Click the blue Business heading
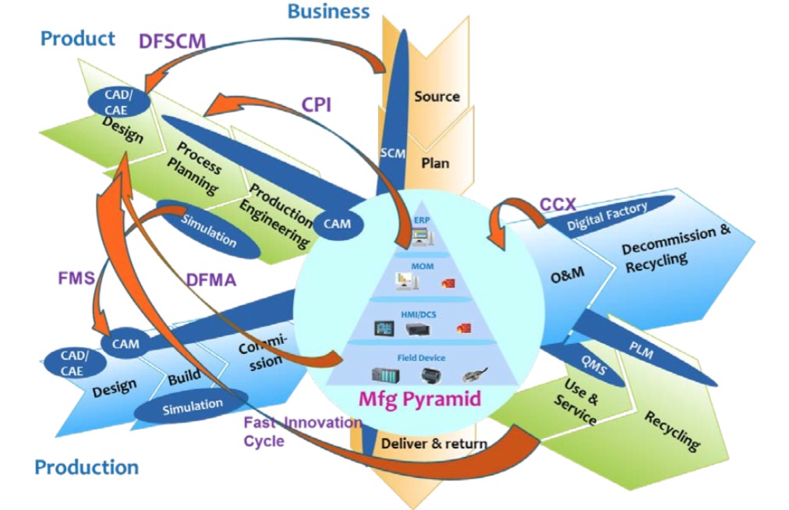coord(328,12)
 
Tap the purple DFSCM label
coord(172,41)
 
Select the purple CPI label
coord(317,104)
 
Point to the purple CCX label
coord(557,204)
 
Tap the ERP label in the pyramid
coord(422,220)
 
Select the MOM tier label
coord(423,266)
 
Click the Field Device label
coord(421,358)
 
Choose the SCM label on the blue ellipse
coord(392,154)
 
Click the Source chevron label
coord(437,97)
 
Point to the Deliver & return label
coord(433,444)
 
